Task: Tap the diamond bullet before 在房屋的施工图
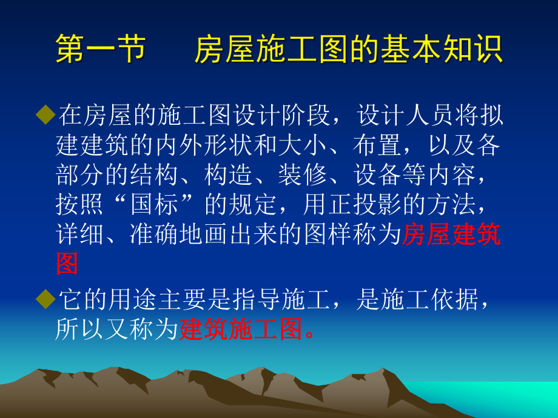click(45, 114)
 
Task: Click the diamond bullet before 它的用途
click(45, 299)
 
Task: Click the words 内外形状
click(204, 146)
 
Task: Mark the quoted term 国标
click(154, 205)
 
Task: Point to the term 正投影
click(366, 205)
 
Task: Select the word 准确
click(154, 235)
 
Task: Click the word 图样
click(329, 235)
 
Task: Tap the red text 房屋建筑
click(452, 235)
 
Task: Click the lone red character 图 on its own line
click(67, 264)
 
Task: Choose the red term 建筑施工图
click(241, 330)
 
